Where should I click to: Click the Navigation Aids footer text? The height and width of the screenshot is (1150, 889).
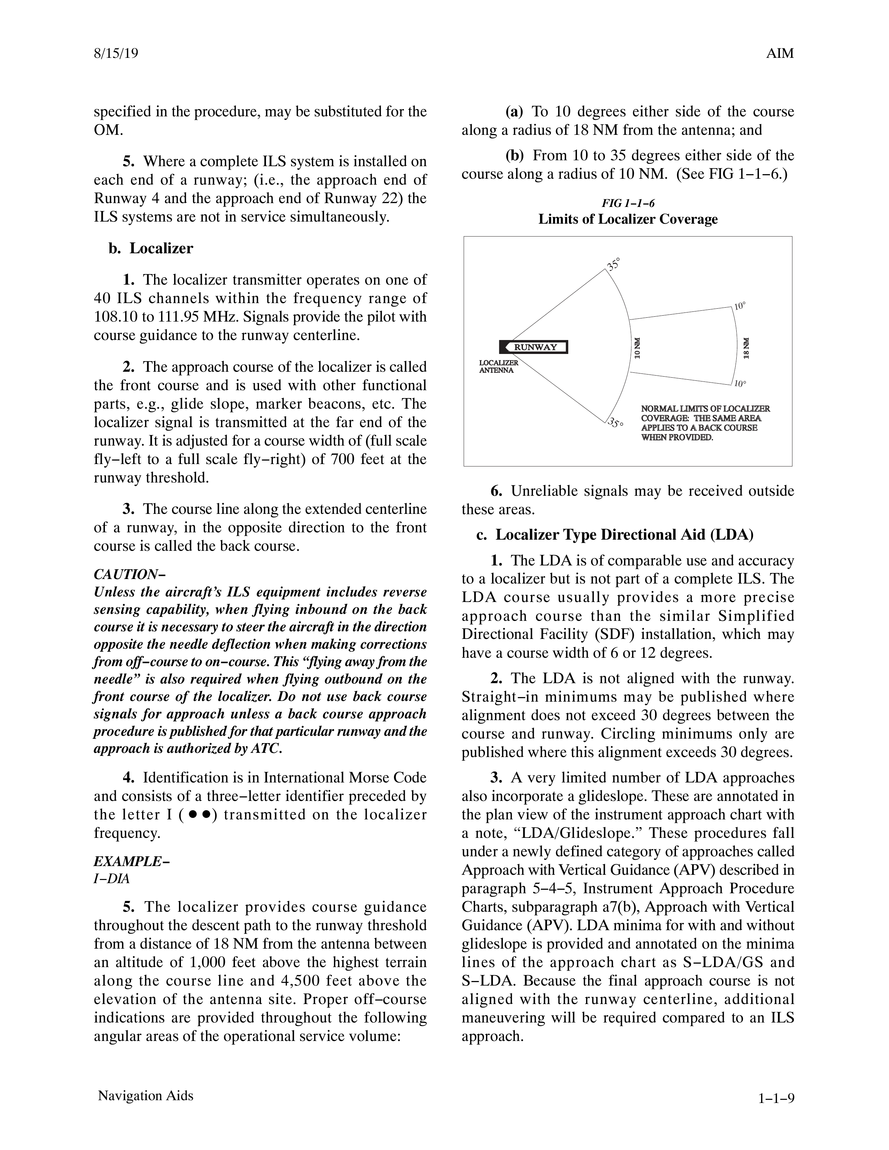(145, 1096)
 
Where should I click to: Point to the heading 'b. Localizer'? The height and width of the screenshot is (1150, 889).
(151, 248)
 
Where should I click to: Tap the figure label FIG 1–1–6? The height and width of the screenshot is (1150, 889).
(628, 203)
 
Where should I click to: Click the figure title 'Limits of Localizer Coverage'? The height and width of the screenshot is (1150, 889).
(628, 219)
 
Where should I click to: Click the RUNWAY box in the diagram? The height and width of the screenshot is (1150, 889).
(534, 347)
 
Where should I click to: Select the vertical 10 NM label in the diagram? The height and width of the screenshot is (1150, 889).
(637, 348)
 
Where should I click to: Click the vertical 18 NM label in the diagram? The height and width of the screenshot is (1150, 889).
(746, 348)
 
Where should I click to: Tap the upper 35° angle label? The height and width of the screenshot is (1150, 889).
(613, 263)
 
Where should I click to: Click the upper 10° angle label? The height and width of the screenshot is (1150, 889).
(740, 306)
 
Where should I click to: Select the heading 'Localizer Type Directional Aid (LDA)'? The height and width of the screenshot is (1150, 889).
(624, 535)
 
